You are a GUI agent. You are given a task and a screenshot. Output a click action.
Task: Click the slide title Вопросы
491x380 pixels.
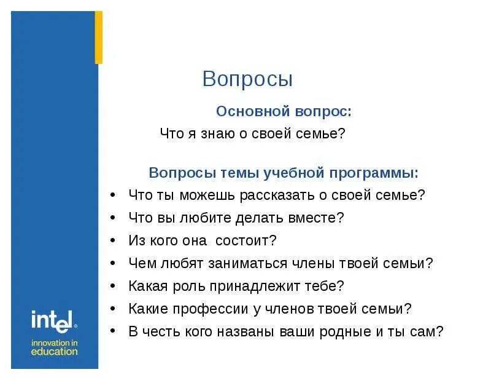coord(247,79)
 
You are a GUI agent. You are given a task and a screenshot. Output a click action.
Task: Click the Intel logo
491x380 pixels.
coord(53,320)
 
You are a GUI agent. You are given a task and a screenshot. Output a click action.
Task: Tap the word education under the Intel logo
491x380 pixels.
coord(55,352)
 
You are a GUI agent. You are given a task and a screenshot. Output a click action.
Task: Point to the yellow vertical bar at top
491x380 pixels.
coord(98,38)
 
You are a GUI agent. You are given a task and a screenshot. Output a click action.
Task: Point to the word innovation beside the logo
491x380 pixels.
coord(55,342)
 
